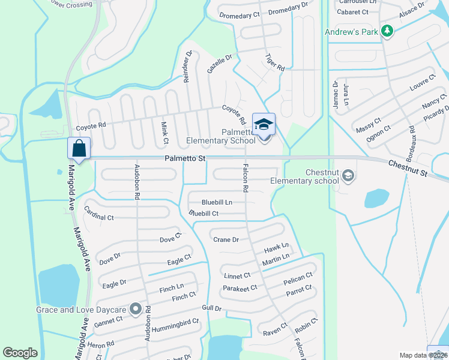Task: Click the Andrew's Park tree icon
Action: [x=388, y=32]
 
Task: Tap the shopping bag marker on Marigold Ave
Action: [x=79, y=148]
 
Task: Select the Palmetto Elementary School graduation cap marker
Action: [x=264, y=124]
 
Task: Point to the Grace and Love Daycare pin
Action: [x=136, y=310]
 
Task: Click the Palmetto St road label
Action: [x=185, y=158]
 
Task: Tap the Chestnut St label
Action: [x=408, y=168]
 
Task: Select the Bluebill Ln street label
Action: [x=217, y=202]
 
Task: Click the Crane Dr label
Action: [x=226, y=239]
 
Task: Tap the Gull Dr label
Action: [x=212, y=308]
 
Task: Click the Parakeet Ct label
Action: [x=240, y=288]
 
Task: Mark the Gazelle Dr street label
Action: [x=219, y=64]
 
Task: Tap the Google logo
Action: [x=20, y=353]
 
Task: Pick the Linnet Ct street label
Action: [x=237, y=275]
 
